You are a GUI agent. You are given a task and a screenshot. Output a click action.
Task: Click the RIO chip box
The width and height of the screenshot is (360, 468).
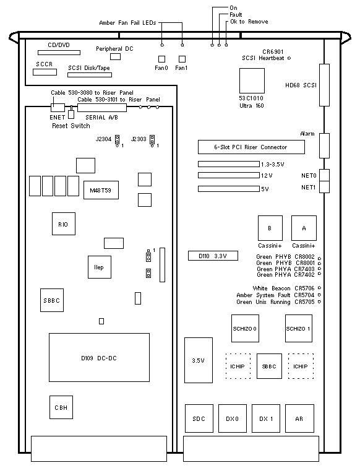(64, 224)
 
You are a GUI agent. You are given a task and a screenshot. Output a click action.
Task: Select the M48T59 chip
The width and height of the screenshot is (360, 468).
(101, 190)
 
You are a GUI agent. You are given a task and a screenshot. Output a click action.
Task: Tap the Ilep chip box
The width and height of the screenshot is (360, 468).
(100, 267)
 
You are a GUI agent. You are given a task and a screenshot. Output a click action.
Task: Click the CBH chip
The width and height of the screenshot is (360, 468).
(61, 407)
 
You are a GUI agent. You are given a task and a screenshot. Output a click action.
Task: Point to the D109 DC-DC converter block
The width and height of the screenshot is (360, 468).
(99, 358)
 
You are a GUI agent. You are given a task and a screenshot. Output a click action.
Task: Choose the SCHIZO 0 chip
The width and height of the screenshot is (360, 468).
(245, 328)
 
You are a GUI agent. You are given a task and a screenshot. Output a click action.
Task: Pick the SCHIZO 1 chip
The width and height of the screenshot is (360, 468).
(299, 328)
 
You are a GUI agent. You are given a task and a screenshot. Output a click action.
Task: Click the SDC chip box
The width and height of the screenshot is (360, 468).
(199, 418)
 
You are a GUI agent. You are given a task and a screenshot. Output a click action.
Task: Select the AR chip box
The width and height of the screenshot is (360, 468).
(299, 418)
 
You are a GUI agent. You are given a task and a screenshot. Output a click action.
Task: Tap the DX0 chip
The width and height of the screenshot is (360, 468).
(233, 418)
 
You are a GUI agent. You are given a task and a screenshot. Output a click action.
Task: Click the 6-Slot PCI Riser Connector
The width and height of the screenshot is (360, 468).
(251, 147)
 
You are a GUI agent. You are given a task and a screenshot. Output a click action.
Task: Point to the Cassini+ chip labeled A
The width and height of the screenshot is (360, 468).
(304, 228)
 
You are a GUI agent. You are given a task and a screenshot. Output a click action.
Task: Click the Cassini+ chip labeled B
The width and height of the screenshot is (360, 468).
(270, 228)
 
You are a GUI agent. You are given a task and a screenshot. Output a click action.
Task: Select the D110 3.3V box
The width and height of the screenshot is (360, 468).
(213, 256)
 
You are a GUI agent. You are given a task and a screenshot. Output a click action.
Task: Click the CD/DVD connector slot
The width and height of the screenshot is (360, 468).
(59, 53)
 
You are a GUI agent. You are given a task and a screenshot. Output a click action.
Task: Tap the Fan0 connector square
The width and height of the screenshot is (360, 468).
(161, 59)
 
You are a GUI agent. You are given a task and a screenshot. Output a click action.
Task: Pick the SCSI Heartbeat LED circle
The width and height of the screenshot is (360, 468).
(289, 58)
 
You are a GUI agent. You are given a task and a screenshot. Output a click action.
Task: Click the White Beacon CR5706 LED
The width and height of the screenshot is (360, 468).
(319, 288)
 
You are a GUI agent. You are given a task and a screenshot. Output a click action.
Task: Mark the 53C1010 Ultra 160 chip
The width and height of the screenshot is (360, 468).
(252, 81)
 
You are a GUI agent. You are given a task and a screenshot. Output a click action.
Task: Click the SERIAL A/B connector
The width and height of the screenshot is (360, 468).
(102, 108)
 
